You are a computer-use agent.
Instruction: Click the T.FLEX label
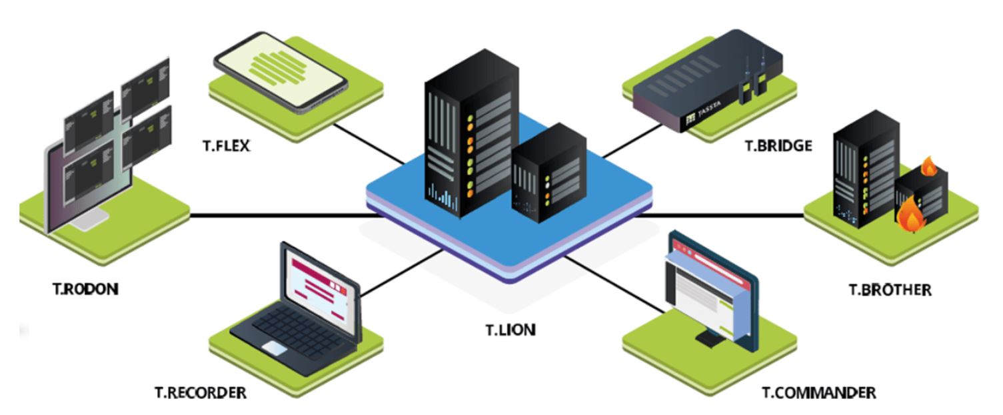pos(227,145)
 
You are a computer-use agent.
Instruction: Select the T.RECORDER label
pos(200,392)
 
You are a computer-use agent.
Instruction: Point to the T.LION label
pos(510,330)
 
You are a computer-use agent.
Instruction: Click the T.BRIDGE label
pos(778,145)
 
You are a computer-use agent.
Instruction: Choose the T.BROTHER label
pos(890,290)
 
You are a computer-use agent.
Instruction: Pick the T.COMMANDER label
pos(819,392)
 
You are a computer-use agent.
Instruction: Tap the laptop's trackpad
pos(274,347)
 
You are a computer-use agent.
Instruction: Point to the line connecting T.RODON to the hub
pos(280,216)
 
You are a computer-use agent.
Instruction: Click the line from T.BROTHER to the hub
pos(726,216)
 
